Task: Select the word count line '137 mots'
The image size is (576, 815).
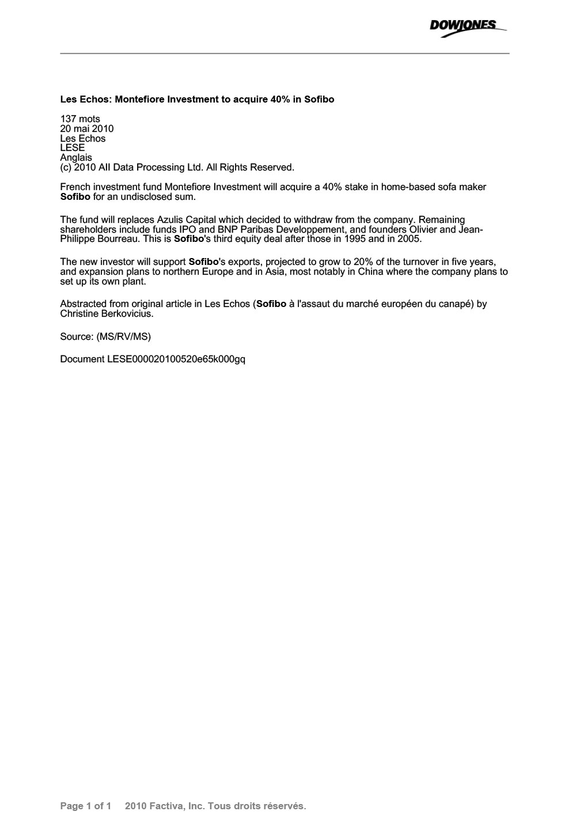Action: (80, 119)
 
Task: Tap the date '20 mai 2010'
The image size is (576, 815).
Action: (87, 128)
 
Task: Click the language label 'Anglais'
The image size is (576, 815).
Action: (76, 157)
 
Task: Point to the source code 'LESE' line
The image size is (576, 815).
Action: (73, 147)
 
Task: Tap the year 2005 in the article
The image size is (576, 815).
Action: (409, 238)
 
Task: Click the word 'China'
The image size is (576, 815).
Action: (370, 272)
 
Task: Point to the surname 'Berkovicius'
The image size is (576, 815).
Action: (126, 313)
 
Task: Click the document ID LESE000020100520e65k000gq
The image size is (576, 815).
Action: (176, 359)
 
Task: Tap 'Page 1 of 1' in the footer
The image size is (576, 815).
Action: (85, 806)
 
